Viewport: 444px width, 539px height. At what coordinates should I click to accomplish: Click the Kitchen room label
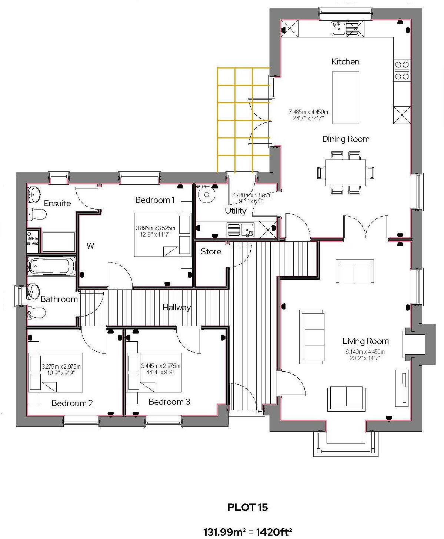[345, 61]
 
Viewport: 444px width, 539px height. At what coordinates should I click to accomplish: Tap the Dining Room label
[345, 139]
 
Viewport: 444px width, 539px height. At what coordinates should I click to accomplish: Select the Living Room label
[365, 341]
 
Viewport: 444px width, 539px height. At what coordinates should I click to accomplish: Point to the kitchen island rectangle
[345, 97]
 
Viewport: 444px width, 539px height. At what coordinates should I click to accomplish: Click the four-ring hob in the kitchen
[402, 70]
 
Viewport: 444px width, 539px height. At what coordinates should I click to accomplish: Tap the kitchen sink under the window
[345, 29]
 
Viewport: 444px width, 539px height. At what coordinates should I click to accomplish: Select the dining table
[345, 173]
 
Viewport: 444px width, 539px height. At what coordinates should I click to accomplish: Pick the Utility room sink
[240, 229]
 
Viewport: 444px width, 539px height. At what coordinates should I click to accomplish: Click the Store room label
[211, 252]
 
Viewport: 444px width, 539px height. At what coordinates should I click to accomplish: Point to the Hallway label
[177, 308]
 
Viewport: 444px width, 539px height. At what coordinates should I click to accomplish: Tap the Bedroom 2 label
[72, 403]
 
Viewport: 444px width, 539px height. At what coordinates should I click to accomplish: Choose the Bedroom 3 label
[169, 402]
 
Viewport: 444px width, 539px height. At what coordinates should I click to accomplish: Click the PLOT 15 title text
[247, 507]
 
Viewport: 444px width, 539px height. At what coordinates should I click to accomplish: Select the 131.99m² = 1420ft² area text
[247, 532]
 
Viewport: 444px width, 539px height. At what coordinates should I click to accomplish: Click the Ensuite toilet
[37, 214]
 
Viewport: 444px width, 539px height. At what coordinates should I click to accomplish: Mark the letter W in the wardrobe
[90, 246]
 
